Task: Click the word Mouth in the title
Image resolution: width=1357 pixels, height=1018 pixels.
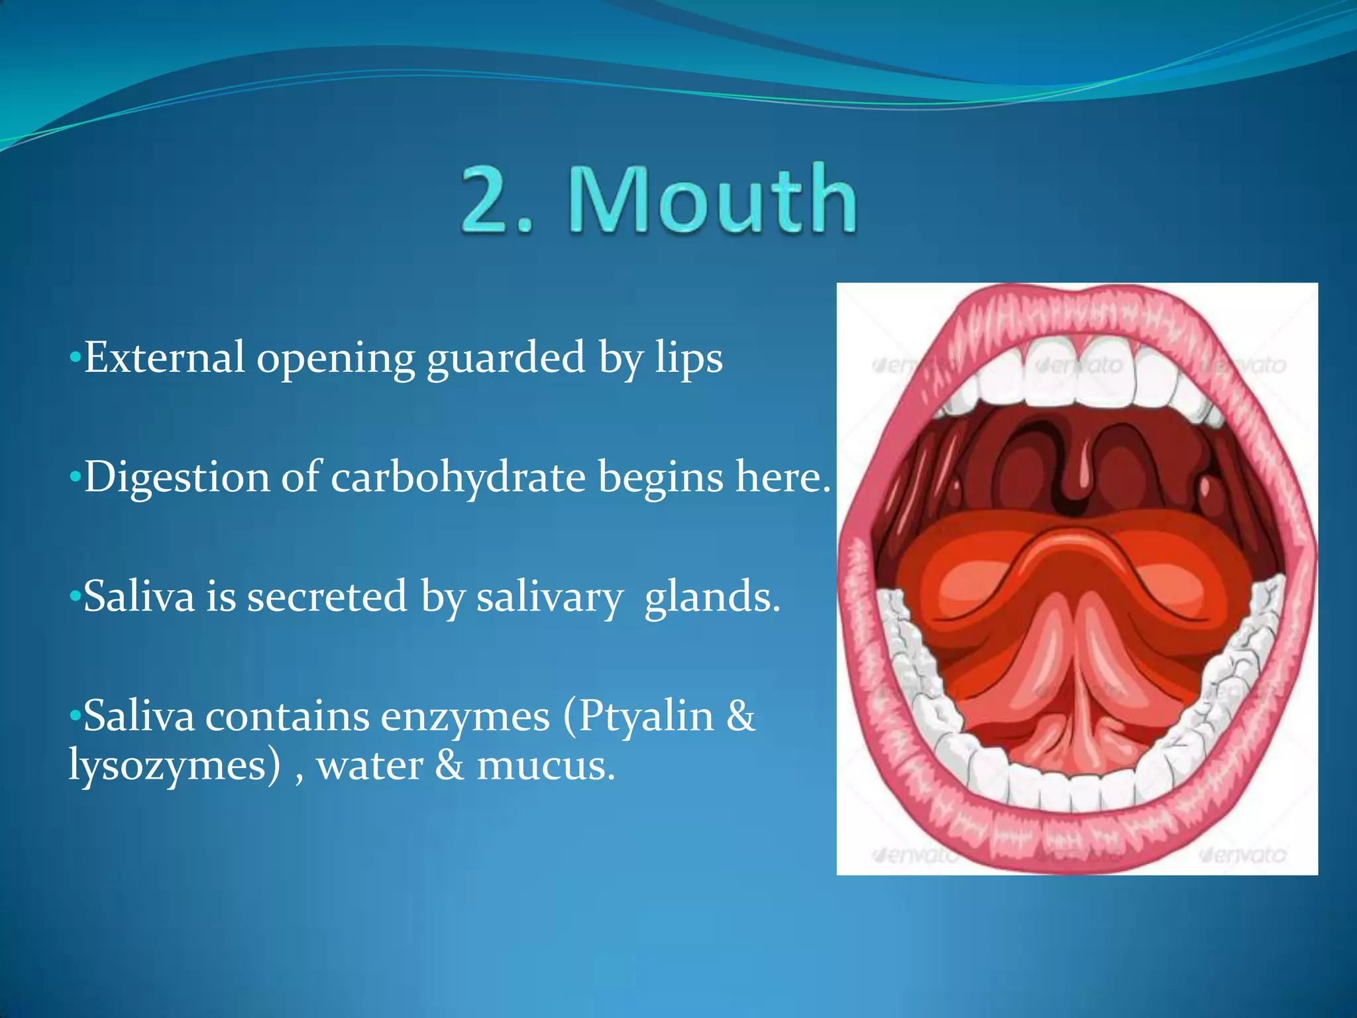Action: click(x=712, y=199)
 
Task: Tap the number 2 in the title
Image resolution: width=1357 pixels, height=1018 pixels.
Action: click(x=487, y=199)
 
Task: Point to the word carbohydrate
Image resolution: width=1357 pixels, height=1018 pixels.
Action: click(x=458, y=477)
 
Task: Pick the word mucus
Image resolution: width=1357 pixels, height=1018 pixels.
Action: click(x=546, y=766)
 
